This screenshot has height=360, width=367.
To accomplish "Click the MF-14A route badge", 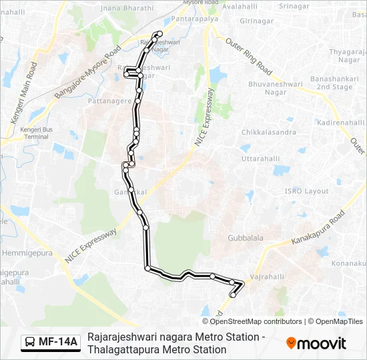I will point(51,343).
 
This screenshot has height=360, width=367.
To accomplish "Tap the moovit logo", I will point(316,343).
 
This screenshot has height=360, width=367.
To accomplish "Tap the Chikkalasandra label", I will point(269,132).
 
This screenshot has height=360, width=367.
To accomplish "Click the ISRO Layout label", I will point(306,191).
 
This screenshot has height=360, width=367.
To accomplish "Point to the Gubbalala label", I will point(246,237).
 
